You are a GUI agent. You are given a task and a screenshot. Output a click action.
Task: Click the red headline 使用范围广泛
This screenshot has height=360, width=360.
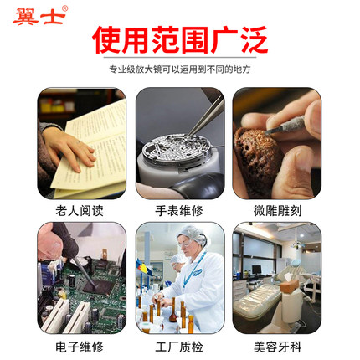pos(180,39)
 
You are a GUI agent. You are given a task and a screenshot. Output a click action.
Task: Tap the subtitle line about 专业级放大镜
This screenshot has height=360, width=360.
pos(180,70)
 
